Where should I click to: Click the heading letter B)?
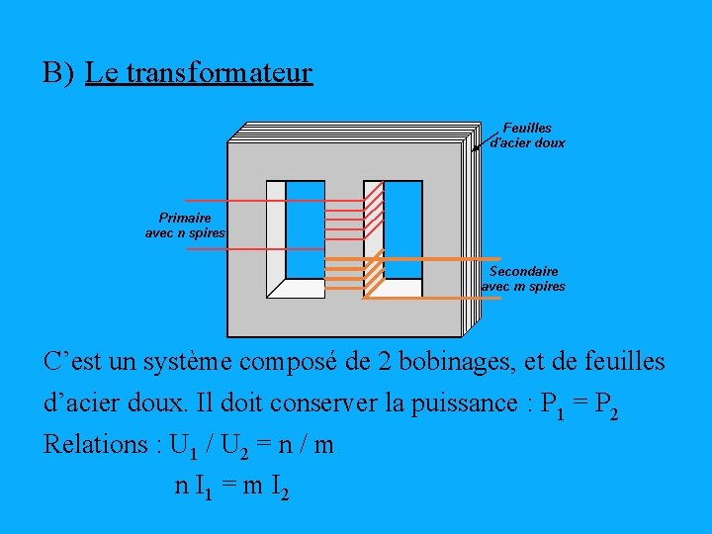coord(58,73)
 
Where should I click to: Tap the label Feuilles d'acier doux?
coord(528,135)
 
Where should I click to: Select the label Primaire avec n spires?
coord(185,225)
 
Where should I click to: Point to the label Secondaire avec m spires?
coord(523,279)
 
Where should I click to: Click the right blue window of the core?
coord(403,229)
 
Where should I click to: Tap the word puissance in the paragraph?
coord(461,403)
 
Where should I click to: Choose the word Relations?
coord(97,445)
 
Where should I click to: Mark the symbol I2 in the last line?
coord(280,488)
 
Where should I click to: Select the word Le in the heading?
coord(98,73)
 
